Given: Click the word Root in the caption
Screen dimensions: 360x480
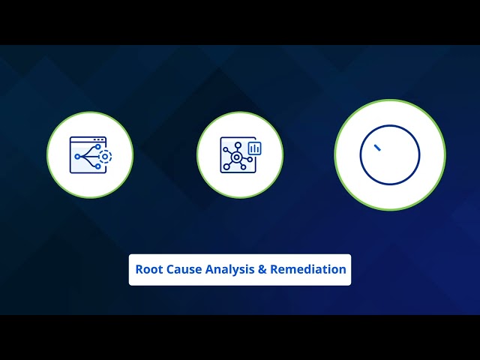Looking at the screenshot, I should pos(148,269).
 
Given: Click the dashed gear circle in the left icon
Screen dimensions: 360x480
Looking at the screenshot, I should pos(105,156).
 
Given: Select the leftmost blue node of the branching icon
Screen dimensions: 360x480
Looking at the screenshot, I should pos(76,156).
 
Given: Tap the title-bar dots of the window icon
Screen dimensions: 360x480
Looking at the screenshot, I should pos(98,140).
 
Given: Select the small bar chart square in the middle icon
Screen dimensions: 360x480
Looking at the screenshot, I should pos(254,148).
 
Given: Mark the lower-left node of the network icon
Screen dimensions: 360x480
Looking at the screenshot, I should pos(226,166).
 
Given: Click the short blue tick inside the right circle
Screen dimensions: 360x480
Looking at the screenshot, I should pos(377,148).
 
